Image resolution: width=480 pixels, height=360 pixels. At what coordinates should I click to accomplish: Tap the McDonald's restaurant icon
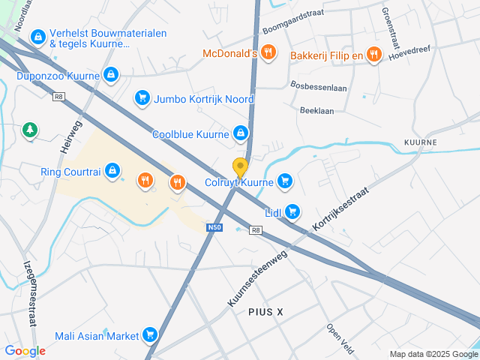[x=270, y=53]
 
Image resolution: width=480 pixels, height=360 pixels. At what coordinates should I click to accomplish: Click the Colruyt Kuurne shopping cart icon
[x=284, y=181]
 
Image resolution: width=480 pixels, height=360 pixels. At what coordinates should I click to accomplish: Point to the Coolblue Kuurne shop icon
[x=240, y=134]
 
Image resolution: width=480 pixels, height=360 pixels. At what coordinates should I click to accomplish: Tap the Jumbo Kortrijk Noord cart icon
[x=142, y=98]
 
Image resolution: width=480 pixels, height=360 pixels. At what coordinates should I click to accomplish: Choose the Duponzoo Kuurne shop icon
[x=111, y=74]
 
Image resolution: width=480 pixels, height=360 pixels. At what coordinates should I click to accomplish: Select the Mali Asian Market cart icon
[x=150, y=334]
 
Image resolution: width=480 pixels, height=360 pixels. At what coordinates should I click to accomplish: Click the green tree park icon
[x=30, y=130]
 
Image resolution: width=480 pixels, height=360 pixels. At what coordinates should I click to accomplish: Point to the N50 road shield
[x=215, y=225]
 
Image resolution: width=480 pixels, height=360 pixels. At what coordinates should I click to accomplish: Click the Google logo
[x=25, y=351]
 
